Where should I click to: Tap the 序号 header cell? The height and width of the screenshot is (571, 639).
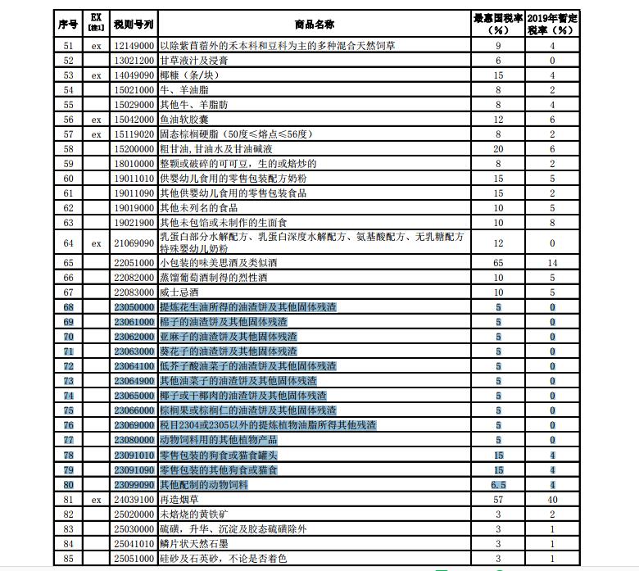point(68,22)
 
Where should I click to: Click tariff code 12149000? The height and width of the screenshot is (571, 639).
point(133,46)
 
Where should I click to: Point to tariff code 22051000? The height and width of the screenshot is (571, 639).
point(133,263)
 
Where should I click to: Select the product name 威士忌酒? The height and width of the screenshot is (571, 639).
point(179,292)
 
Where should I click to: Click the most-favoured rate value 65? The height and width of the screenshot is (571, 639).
point(498,263)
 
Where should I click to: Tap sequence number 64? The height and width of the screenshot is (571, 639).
point(68,243)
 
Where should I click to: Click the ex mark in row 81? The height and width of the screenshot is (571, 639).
point(96,499)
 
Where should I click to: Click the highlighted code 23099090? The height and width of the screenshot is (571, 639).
point(133,484)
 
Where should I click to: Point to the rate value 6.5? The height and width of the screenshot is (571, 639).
point(498,484)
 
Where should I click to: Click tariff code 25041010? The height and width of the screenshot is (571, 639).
point(133,543)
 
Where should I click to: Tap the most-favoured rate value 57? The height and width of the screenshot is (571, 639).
point(498,499)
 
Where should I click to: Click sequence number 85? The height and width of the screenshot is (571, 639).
point(68,558)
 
